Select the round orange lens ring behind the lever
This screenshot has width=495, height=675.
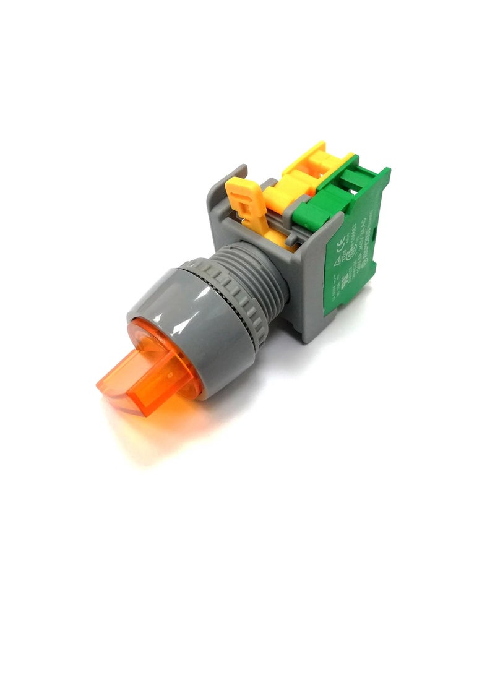pyautogui.click(x=186, y=371)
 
